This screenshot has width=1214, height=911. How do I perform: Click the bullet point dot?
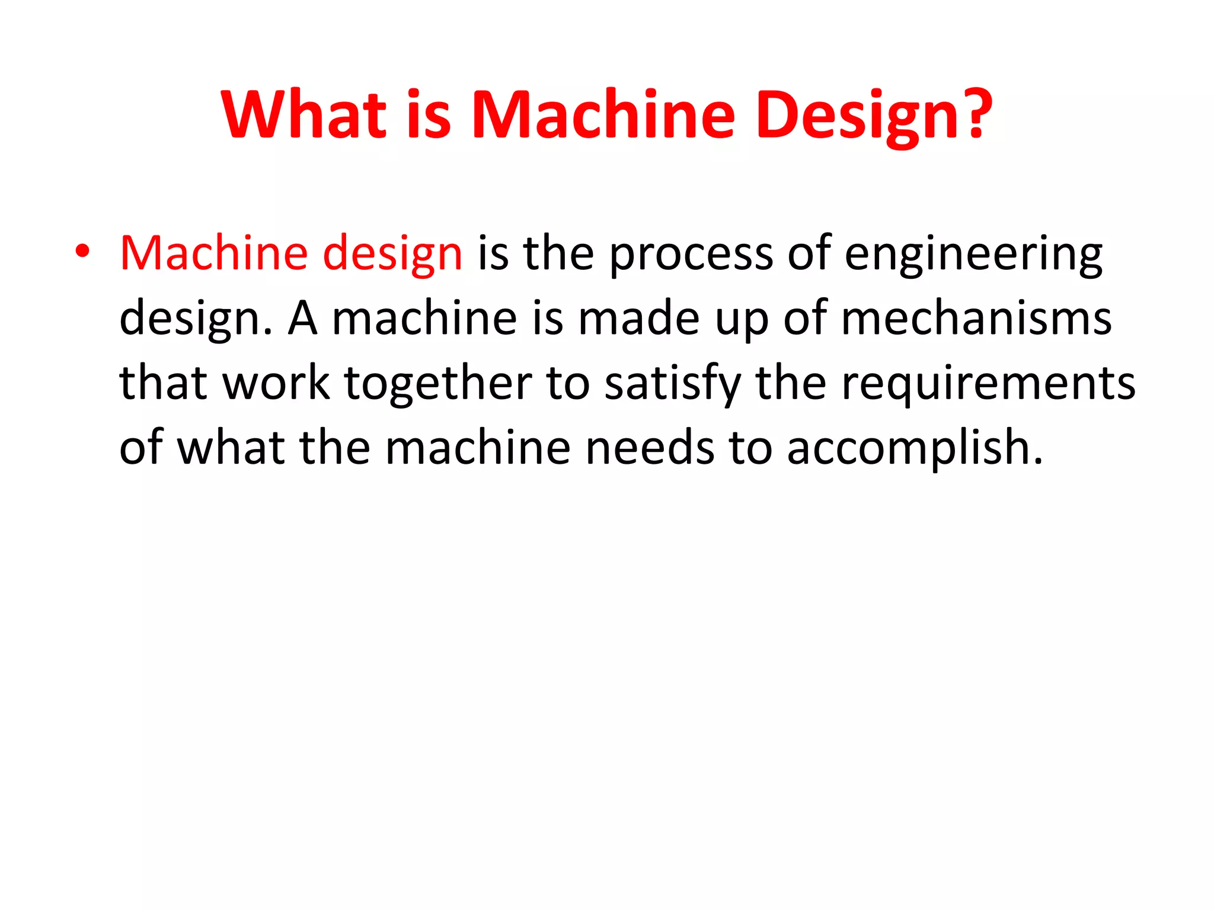point(82,252)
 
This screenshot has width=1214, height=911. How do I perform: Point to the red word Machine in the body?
point(213,253)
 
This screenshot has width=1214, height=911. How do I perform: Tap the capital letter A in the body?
point(302,318)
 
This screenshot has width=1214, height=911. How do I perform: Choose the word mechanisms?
point(976,318)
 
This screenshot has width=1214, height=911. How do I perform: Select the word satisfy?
point(672,384)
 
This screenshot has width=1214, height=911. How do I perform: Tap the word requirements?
point(988,384)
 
